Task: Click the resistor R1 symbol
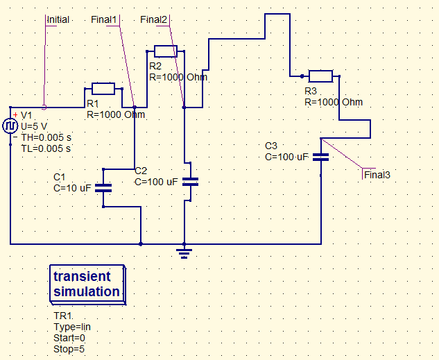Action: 103,88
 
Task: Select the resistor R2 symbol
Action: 165,51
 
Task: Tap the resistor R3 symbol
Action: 320,76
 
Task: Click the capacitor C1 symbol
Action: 103,187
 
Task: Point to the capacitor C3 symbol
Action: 320,156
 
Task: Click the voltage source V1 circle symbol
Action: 10,126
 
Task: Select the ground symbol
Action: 184,251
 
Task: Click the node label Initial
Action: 58,19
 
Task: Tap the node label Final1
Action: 104,19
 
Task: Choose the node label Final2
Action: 153,19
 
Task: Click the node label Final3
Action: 377,175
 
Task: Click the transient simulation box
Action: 87,284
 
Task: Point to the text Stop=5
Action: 69,349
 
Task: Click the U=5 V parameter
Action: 35,127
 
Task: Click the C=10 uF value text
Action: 73,187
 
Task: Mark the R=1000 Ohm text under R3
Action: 334,102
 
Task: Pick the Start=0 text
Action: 69,338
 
